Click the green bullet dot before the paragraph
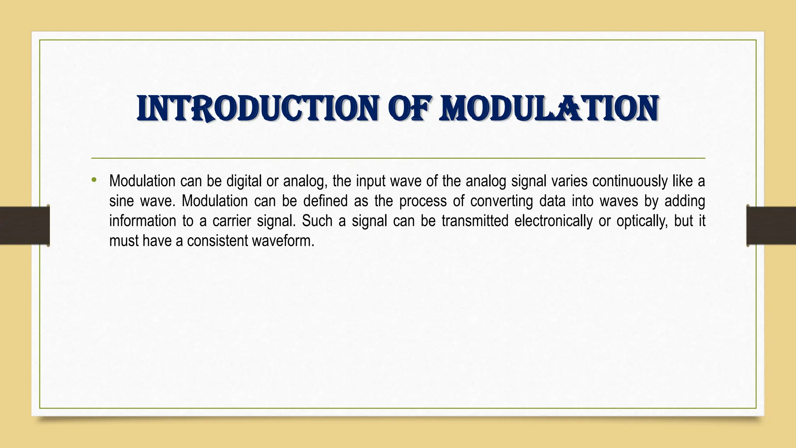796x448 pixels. (94, 180)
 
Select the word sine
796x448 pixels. (121, 201)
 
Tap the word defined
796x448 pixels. (325, 201)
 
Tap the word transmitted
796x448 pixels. (475, 221)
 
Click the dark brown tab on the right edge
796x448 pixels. (771, 226)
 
